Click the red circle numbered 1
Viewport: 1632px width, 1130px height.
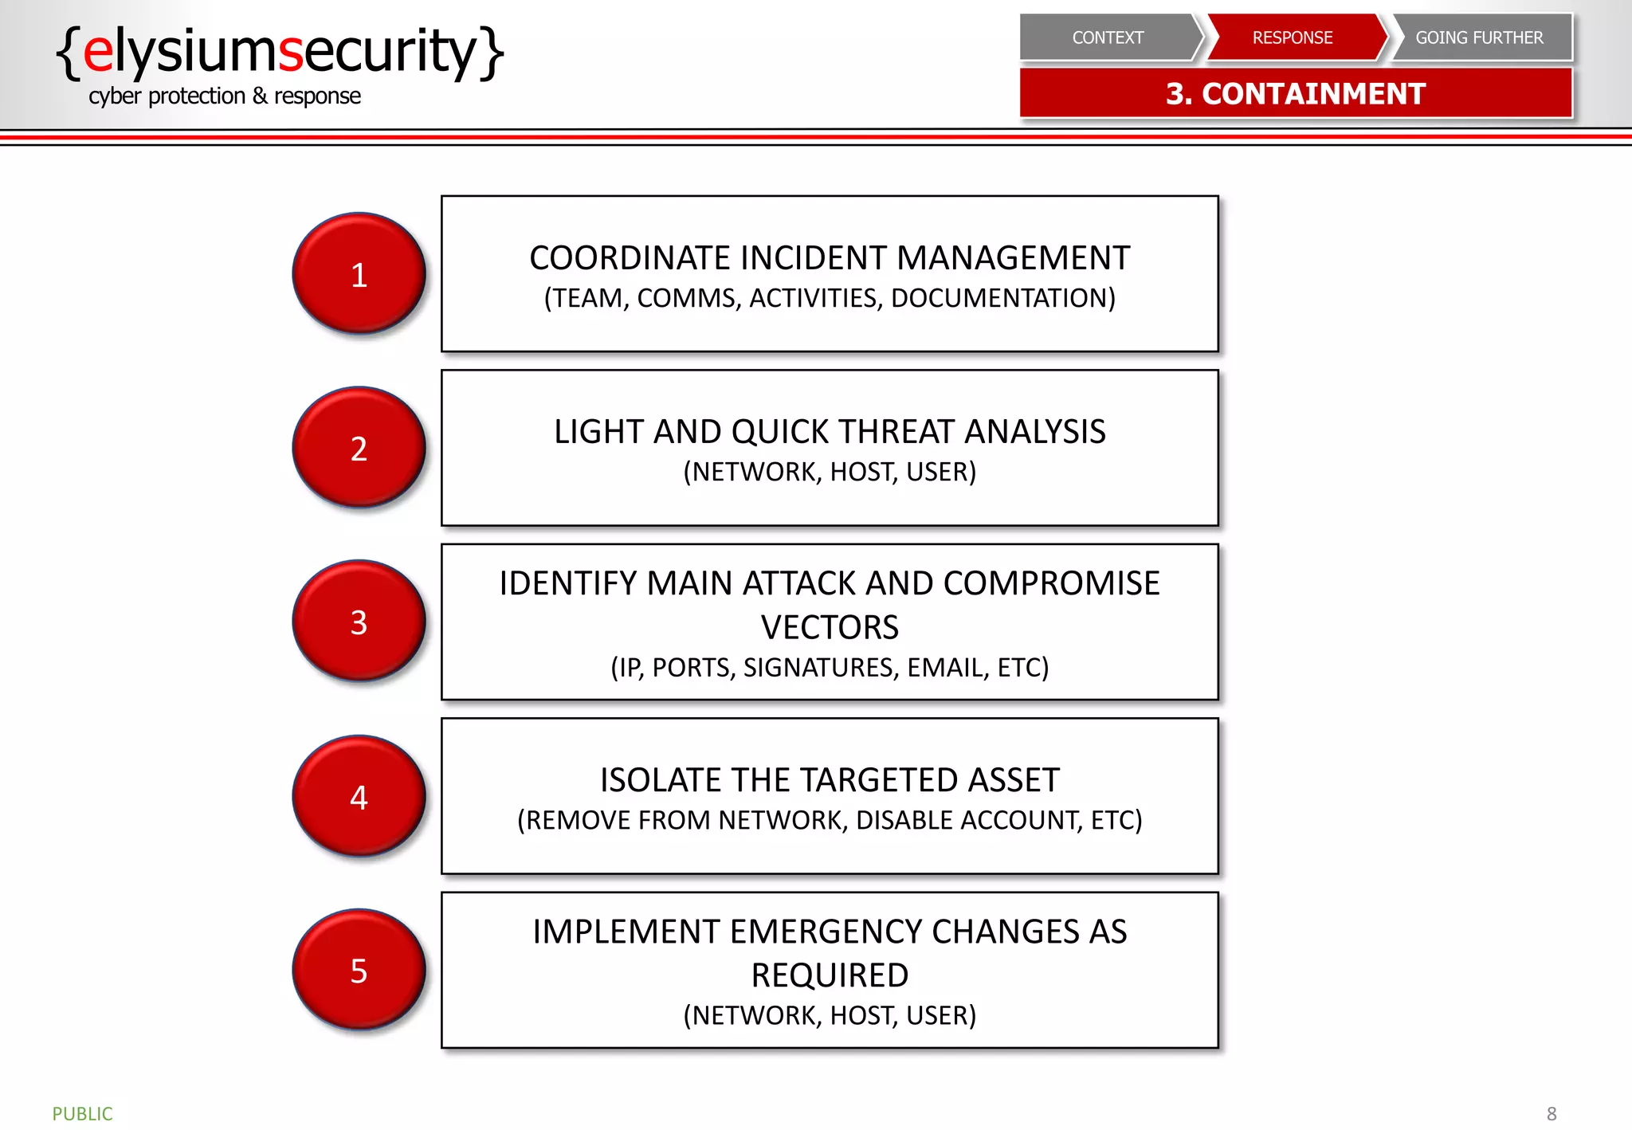click(359, 273)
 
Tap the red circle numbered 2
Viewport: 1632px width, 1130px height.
click(359, 447)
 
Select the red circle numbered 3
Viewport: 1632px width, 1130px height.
click(359, 621)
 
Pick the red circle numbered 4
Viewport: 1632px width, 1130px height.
click(359, 795)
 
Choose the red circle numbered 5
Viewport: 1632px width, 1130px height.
click(359, 969)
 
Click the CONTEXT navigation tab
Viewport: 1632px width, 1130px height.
click(1108, 37)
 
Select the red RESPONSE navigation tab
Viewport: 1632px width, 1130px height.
click(1293, 37)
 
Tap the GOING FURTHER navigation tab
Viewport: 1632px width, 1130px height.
click(1479, 37)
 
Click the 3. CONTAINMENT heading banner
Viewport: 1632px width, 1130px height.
click(1296, 94)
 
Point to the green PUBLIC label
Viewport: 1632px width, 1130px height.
click(82, 1113)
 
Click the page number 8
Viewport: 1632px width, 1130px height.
click(1551, 1113)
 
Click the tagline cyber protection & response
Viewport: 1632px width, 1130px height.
click(225, 96)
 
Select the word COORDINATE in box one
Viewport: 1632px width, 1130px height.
click(630, 258)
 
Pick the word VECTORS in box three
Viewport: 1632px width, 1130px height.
click(830, 627)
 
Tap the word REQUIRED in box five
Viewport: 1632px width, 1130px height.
click(830, 975)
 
